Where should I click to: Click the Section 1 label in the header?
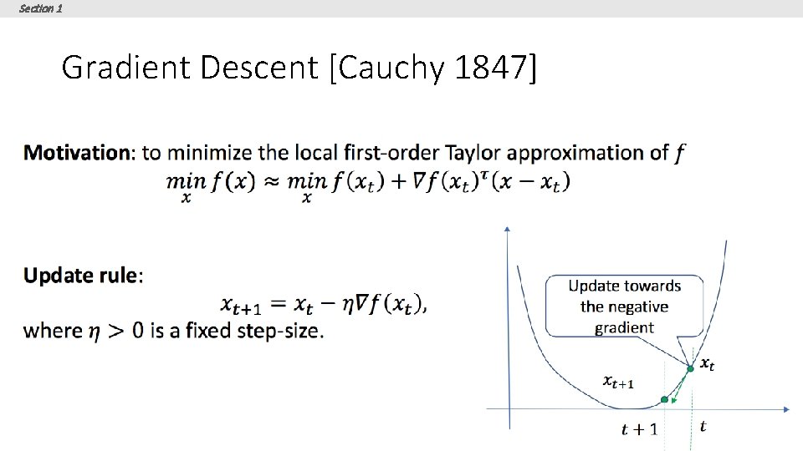pos(40,8)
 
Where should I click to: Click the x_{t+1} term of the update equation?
pos(243,306)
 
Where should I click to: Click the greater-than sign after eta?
pos(114,331)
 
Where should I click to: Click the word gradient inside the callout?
pos(624,327)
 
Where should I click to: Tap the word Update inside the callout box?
pos(596,286)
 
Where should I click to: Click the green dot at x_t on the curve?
pos(690,368)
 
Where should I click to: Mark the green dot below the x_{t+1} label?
pos(664,401)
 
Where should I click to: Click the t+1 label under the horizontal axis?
pos(639,429)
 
